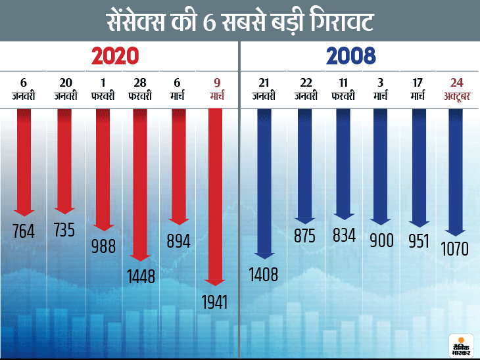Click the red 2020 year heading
(115, 56)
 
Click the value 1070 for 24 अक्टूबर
(456, 250)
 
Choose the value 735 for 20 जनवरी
(64, 229)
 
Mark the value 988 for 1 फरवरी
(103, 246)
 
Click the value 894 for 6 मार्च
(178, 241)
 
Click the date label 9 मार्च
(216, 89)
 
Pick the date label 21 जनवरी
(264, 89)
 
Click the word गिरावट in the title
(336, 22)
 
